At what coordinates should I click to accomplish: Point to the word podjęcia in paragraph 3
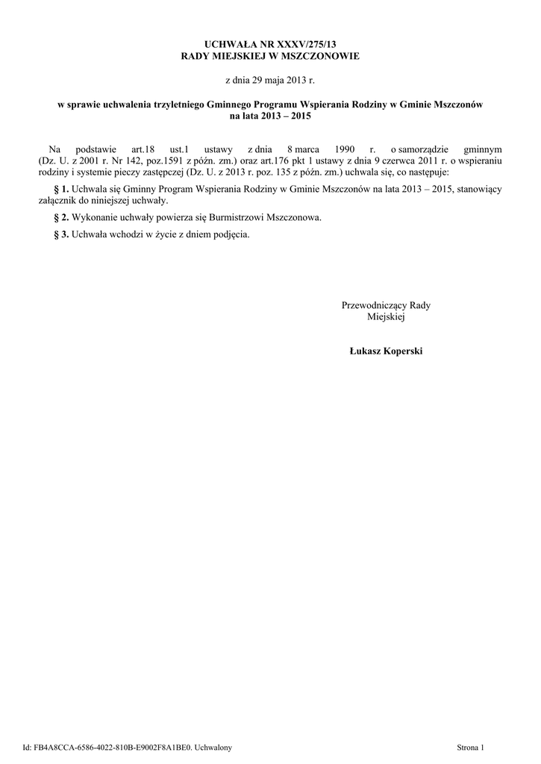[x=230, y=234]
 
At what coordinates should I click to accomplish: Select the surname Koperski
[x=401, y=351]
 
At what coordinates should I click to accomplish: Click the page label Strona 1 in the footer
[x=470, y=747]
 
